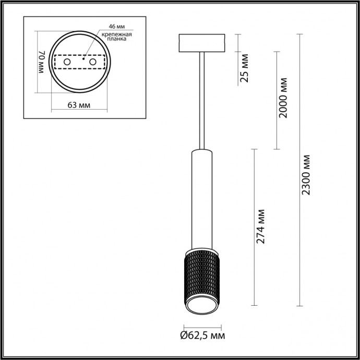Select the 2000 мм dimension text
pos(283,98)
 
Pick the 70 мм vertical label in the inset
pos(44,63)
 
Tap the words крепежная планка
pos(116,37)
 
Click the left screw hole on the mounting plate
pos(67,62)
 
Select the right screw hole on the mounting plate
pos(93,62)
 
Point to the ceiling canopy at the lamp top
pos(202,43)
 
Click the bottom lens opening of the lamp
pos(202,308)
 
